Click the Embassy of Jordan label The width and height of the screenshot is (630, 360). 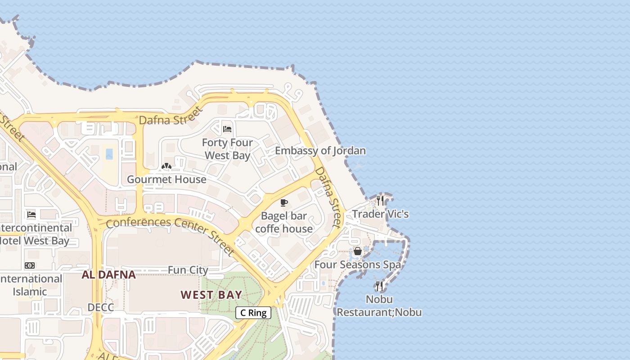tap(320, 151)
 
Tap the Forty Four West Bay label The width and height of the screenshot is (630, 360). tap(227, 149)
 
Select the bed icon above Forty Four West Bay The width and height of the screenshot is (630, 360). tap(227, 129)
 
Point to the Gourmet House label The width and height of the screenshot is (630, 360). tap(166, 179)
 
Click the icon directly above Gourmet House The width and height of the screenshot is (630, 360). tap(166, 166)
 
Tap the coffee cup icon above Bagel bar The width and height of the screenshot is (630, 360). tap(283, 203)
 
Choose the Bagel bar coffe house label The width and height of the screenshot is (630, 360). tap(283, 222)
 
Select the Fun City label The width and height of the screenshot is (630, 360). tap(188, 270)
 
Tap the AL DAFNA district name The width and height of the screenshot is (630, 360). tap(108, 274)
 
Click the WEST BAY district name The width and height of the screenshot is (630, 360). tap(211, 295)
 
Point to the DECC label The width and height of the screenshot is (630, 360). tap(101, 307)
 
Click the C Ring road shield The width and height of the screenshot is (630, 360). tap(253, 313)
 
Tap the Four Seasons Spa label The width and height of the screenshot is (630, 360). tap(357, 265)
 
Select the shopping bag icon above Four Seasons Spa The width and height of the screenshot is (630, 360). tap(357, 251)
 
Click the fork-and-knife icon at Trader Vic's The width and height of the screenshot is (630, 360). tap(380, 201)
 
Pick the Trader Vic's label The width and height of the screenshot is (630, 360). tap(380, 214)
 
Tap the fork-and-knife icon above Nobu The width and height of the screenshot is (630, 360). tap(379, 286)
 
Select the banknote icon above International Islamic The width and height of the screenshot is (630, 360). tap(30, 265)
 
